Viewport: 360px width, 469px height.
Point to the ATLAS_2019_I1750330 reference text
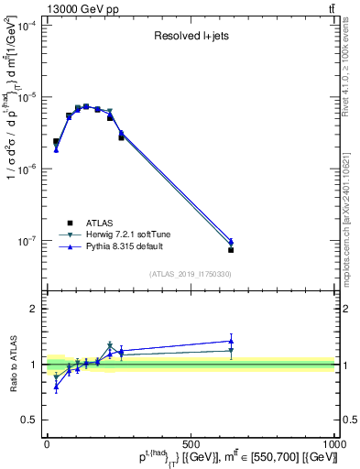(191, 274)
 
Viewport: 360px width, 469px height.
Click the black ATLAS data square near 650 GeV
(232, 249)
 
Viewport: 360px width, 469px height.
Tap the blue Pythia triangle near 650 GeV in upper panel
(232, 242)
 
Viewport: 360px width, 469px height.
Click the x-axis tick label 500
(191, 443)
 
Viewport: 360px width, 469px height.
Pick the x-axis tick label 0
(47, 443)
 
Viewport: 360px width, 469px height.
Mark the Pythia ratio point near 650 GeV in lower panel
(232, 341)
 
